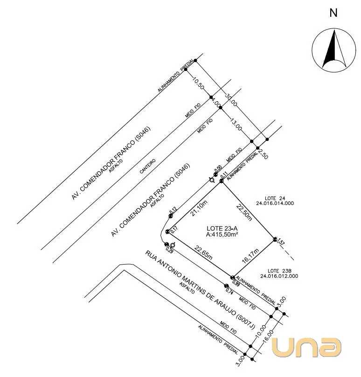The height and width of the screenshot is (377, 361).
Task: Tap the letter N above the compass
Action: pyautogui.click(x=333, y=13)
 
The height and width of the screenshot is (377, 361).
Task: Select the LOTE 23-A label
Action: pyautogui.click(x=222, y=228)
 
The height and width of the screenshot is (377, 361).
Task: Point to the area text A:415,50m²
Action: pyautogui.click(x=222, y=235)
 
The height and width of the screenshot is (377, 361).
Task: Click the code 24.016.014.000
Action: pyautogui.click(x=275, y=203)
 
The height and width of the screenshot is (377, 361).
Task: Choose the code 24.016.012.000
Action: pyautogui.click(x=280, y=276)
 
